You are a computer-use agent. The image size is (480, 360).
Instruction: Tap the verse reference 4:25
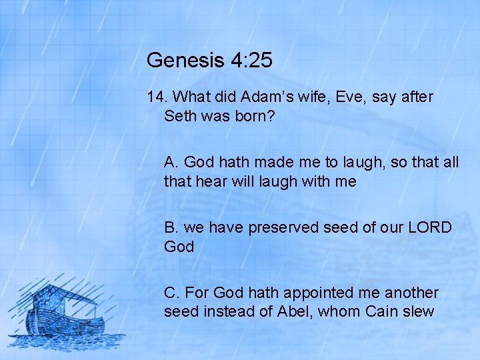click(x=251, y=61)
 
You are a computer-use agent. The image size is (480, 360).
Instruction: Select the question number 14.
click(x=156, y=97)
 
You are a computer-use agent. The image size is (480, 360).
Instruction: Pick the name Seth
click(x=179, y=116)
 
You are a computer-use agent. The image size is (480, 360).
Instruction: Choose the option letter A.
click(x=171, y=162)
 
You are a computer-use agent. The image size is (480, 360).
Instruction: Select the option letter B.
click(x=171, y=227)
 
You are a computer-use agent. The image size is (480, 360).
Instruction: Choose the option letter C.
click(x=171, y=293)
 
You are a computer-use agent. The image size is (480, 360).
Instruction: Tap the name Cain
click(x=383, y=311)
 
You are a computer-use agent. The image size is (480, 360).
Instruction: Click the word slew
click(x=419, y=311)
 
